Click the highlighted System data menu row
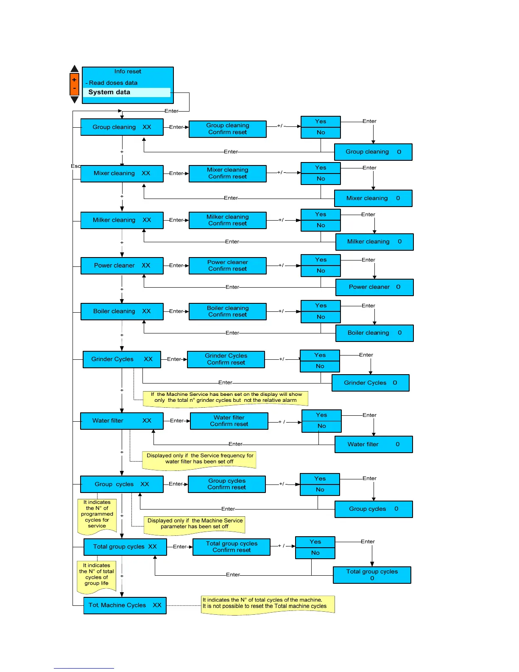coord(127,92)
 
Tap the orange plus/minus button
coord(74,84)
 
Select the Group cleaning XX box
coord(122,127)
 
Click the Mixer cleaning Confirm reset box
coord(227,174)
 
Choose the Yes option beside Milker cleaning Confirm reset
coord(321,215)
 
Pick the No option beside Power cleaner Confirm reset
coord(321,271)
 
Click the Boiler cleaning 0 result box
coord(374,333)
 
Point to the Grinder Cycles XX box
coord(122,359)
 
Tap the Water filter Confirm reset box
coord(229,421)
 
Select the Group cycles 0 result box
coord(373,509)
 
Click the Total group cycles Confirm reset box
coord(232,547)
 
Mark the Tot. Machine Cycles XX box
coord(125,605)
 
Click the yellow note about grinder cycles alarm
coord(226,398)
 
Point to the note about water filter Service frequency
coord(199,459)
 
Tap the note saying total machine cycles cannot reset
coord(268,604)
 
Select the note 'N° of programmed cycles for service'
coord(97,515)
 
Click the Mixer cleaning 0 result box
coord(373,198)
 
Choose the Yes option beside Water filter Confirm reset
coord(321,415)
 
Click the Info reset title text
coord(128,72)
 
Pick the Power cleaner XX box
coord(122,266)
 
